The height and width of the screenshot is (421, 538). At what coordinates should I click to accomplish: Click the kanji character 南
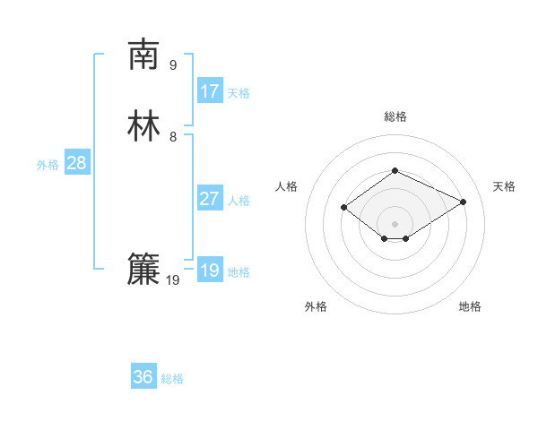click(x=143, y=55)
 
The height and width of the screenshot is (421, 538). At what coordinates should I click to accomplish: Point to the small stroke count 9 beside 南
click(x=173, y=64)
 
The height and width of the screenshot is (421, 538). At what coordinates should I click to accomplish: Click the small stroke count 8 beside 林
click(x=173, y=136)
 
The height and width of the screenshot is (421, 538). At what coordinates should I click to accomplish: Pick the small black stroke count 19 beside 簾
click(x=173, y=280)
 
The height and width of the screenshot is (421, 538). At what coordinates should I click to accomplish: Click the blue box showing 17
click(x=209, y=91)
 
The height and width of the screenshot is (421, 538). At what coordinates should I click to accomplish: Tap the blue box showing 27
click(x=209, y=199)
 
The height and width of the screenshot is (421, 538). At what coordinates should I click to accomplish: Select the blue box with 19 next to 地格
click(x=209, y=271)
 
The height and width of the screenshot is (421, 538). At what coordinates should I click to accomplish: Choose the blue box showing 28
click(x=76, y=163)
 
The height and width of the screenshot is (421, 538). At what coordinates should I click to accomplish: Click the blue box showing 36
click(x=143, y=377)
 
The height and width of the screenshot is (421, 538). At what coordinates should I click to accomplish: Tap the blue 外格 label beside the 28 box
click(x=48, y=165)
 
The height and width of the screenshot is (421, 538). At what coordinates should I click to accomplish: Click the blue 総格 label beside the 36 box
click(x=173, y=379)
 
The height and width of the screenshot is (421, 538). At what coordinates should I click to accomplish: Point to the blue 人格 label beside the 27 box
click(x=239, y=201)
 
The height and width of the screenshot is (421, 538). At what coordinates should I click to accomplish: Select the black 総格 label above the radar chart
click(x=395, y=116)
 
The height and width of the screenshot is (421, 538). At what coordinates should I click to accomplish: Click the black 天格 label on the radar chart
click(x=504, y=186)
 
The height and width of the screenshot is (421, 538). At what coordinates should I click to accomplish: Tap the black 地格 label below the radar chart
click(x=470, y=306)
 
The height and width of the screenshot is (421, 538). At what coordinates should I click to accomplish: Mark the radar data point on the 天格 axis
click(x=463, y=202)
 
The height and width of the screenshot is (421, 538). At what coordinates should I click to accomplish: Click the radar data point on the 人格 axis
click(x=344, y=208)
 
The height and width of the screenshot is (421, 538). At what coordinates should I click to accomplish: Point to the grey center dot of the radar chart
click(x=395, y=223)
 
